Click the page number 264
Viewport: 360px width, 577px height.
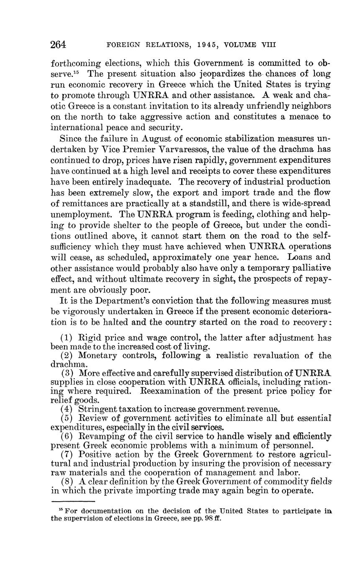(x=59, y=44)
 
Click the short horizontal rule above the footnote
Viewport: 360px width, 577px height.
(x=73, y=501)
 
